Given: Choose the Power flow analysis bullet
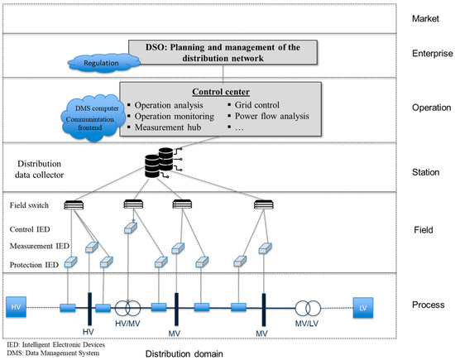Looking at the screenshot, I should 277,116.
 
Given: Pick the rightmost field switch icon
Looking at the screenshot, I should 264,204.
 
